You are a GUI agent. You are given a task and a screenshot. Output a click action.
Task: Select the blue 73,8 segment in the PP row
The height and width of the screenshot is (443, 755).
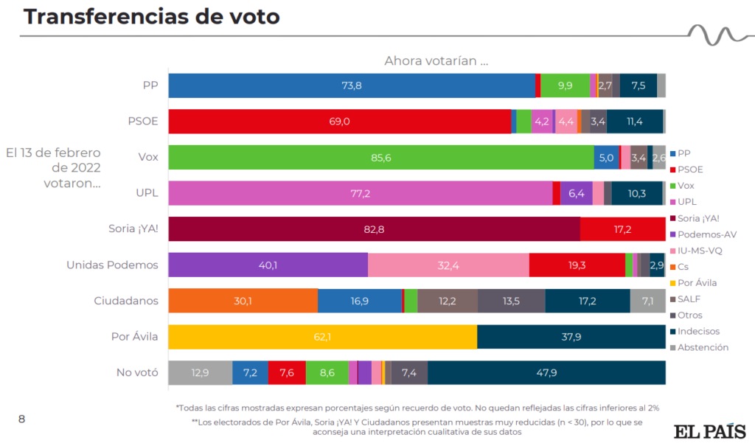pos(352,86)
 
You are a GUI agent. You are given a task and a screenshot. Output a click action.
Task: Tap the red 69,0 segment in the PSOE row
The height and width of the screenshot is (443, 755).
pos(339,122)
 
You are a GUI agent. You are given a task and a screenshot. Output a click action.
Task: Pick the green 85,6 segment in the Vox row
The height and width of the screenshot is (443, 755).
pos(381,158)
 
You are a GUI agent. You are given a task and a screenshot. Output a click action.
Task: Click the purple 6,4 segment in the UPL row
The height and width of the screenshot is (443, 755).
pos(577,193)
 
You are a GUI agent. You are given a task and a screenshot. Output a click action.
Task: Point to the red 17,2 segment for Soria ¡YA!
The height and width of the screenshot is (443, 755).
pos(622,229)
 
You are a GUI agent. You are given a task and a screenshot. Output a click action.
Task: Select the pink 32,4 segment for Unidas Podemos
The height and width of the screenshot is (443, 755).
pos(448,265)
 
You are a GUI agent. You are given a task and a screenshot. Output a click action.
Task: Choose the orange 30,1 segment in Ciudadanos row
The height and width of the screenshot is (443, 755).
pos(243,301)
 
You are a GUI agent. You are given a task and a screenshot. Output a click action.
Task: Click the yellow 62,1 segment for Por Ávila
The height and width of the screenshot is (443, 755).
pos(323,337)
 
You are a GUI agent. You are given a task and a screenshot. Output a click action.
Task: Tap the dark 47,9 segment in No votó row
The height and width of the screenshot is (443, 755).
pos(546,373)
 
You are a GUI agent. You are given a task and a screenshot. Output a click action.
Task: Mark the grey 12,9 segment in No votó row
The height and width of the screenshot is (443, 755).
pos(200,373)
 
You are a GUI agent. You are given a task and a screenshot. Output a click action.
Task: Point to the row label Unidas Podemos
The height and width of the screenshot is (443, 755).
pos(112,265)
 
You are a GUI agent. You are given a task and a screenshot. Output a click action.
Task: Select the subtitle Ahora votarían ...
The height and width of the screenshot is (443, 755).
pos(436,61)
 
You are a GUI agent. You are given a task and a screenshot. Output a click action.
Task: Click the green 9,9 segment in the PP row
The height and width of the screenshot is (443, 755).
pos(565,86)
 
